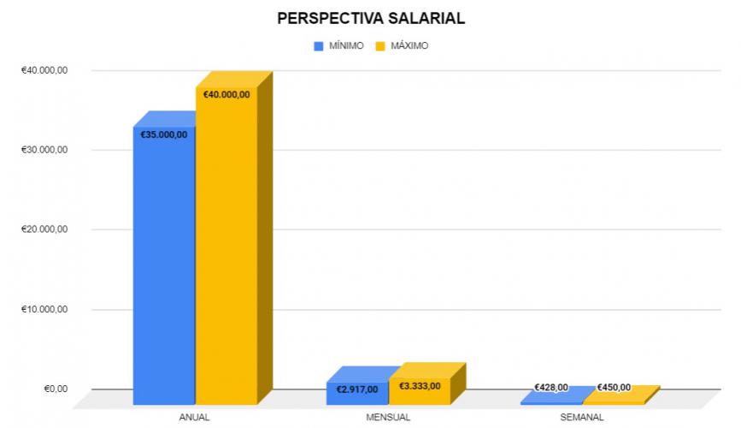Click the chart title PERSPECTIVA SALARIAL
coord(370,18)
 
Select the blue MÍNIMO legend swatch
coord(320,45)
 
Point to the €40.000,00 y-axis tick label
coord(44,70)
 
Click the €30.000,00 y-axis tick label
coord(44,150)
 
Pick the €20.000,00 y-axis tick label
coord(44,229)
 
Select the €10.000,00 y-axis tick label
coord(44,309)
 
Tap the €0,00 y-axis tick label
coord(56,389)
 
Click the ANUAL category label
coord(195,417)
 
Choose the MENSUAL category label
coord(388,417)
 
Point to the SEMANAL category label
coord(582,417)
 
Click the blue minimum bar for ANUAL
coord(164,274)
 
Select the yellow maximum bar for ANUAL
coord(226,257)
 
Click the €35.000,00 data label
coord(164,134)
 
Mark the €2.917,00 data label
coord(357,389)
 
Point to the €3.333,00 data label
coord(420,386)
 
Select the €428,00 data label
coord(551,388)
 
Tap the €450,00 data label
coord(614,388)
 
